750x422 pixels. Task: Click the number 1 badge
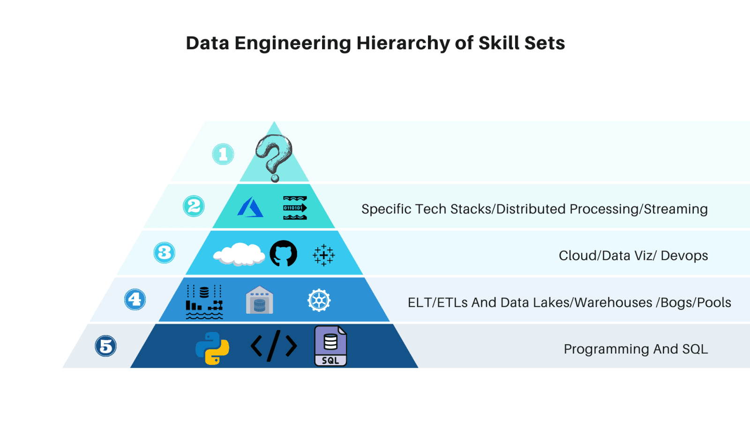[x=223, y=154]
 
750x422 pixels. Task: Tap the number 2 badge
[x=194, y=206]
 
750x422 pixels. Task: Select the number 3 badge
[x=164, y=253]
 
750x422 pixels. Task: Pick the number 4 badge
[x=135, y=299]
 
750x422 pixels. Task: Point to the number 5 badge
[x=106, y=347]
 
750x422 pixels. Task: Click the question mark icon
[x=274, y=157]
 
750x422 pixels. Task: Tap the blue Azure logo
[x=250, y=207]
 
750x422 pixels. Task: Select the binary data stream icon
[x=295, y=208]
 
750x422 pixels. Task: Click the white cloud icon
[x=239, y=254]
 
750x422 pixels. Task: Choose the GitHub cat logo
[x=284, y=254]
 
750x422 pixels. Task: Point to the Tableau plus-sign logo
[x=323, y=255]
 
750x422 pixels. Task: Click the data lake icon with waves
[x=204, y=301]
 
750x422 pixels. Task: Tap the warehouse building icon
[x=259, y=300]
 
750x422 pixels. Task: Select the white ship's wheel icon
[x=319, y=300]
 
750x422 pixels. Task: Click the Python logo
[x=212, y=348]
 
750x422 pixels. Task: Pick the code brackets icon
[x=274, y=346]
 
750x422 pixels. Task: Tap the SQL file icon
[x=330, y=346]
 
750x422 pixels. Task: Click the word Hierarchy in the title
[x=403, y=44]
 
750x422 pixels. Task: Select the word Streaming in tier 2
[x=675, y=209]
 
